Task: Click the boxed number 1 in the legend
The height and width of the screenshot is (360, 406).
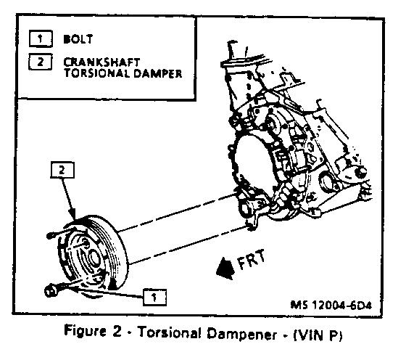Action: click(x=41, y=38)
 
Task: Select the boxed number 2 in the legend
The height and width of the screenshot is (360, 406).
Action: click(x=41, y=62)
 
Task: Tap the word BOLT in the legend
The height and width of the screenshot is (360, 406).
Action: click(x=78, y=39)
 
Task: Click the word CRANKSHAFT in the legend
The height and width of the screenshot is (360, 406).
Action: click(x=101, y=62)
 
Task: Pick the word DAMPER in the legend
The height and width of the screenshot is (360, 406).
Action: click(x=158, y=73)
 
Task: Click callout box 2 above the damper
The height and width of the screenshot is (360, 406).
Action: click(x=62, y=170)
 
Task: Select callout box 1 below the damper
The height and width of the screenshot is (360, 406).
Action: click(x=154, y=297)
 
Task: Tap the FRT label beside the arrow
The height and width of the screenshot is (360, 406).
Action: click(x=251, y=259)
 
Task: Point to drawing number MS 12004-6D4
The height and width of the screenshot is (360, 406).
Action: click(x=331, y=305)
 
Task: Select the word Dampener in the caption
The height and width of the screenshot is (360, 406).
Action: click(x=242, y=334)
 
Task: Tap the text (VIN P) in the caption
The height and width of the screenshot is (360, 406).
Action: click(x=318, y=335)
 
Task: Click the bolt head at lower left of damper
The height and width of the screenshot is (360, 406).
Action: click(x=51, y=290)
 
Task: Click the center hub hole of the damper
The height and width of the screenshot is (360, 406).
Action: click(x=94, y=260)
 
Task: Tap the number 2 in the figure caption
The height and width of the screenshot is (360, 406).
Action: click(x=117, y=331)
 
